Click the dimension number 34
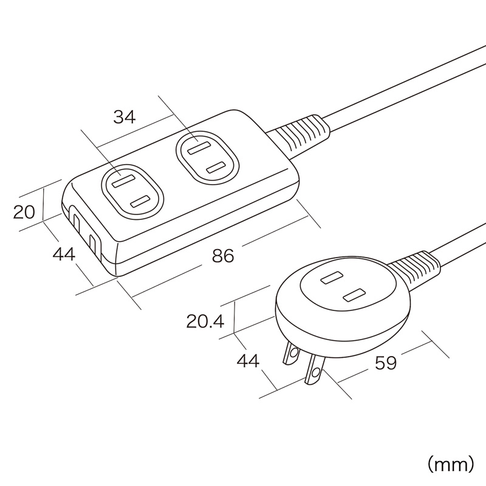125,117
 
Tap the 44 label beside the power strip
64,254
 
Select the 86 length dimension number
223,256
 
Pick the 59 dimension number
385,363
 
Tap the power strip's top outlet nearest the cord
206,157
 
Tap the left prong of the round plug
290,354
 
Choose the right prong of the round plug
315,370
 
